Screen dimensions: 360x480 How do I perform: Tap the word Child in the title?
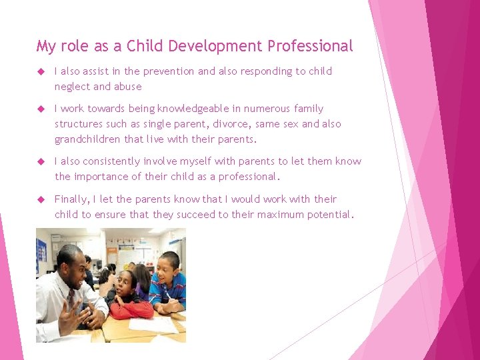coord(143,46)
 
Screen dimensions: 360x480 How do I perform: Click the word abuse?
coord(128,87)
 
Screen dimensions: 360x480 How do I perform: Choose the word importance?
coord(100,177)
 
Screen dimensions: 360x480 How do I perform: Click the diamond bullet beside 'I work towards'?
coord(41,109)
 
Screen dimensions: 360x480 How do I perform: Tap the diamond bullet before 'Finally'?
coord(41,199)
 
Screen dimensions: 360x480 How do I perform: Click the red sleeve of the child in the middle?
coord(133,308)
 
